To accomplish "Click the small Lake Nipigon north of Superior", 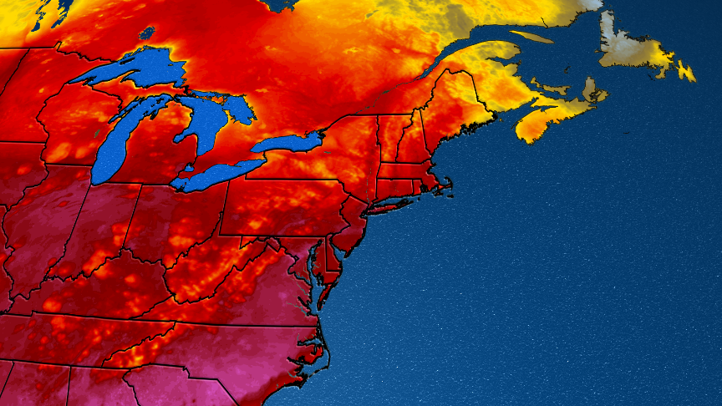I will point(147,33).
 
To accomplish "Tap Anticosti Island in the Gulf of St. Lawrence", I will point(531,37).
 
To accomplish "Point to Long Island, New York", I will point(397,201).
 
